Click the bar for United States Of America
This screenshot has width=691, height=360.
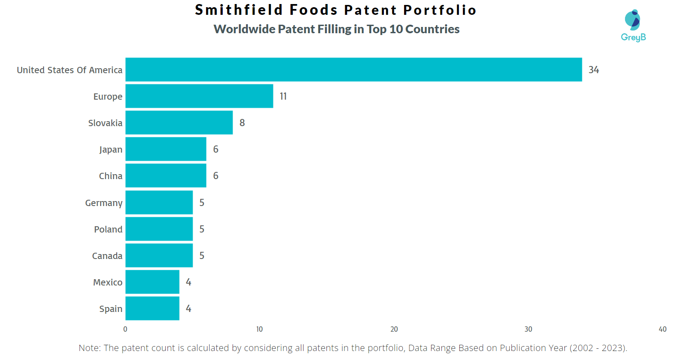click(353, 70)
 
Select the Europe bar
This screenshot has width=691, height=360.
click(199, 96)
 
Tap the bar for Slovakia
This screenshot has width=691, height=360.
click(179, 123)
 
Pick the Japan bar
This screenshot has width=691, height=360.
click(166, 149)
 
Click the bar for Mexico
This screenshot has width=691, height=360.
click(152, 282)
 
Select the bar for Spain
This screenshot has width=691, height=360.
click(152, 308)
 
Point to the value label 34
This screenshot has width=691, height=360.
click(594, 70)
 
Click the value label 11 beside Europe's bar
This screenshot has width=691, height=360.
click(283, 96)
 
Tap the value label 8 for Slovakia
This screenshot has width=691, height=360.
click(242, 123)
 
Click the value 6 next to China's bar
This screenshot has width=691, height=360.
click(216, 176)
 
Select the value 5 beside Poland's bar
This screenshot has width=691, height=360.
click(202, 229)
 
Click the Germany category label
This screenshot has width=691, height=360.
click(104, 203)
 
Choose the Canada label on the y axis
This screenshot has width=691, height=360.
click(107, 256)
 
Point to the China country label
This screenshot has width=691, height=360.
click(110, 176)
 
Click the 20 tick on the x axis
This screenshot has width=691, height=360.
click(394, 329)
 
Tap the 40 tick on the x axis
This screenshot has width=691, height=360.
click(662, 329)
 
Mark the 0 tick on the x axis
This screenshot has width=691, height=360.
click(125, 329)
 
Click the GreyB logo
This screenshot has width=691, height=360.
click(633, 26)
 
